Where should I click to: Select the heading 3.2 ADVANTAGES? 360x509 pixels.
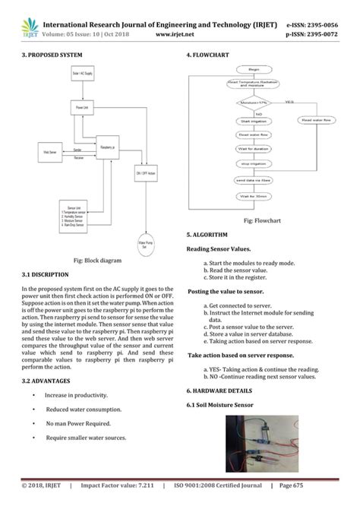coord(47,380)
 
